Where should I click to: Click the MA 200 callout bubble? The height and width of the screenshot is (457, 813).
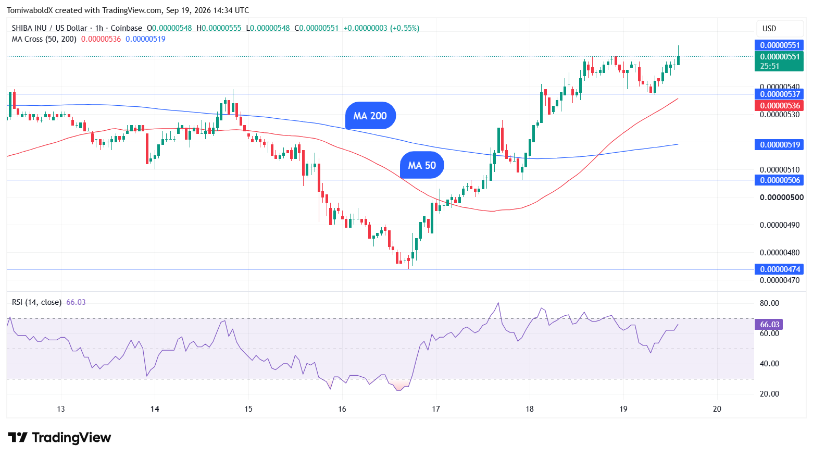pyautogui.click(x=370, y=116)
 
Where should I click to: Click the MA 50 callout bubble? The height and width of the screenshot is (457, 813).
pyautogui.click(x=422, y=165)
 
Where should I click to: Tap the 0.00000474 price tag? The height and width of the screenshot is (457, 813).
pyautogui.click(x=779, y=269)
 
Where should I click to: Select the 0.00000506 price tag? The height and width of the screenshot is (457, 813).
pyautogui.click(x=779, y=180)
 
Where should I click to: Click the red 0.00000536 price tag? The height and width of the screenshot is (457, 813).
pyautogui.click(x=779, y=106)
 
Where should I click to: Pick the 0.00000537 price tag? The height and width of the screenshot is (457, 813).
pyautogui.click(x=779, y=94)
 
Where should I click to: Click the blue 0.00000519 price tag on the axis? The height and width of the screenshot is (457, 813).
pyautogui.click(x=779, y=144)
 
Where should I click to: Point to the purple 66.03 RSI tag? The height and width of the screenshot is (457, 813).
pyautogui.click(x=769, y=325)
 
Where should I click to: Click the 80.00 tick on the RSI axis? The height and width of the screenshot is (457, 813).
pyautogui.click(x=769, y=303)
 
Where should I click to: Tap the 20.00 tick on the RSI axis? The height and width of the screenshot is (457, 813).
pyautogui.click(x=769, y=394)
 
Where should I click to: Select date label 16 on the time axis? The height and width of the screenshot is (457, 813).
pyautogui.click(x=342, y=409)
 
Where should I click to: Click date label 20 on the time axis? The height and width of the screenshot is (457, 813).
pyautogui.click(x=717, y=409)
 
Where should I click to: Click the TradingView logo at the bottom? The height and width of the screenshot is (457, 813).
pyautogui.click(x=59, y=437)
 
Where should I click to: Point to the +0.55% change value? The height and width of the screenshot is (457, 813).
pyautogui.click(x=405, y=28)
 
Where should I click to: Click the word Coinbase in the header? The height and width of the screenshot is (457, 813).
pyautogui.click(x=127, y=28)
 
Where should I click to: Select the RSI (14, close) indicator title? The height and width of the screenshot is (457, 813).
pyautogui.click(x=36, y=302)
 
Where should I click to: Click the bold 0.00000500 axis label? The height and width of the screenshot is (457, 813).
pyautogui.click(x=781, y=197)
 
